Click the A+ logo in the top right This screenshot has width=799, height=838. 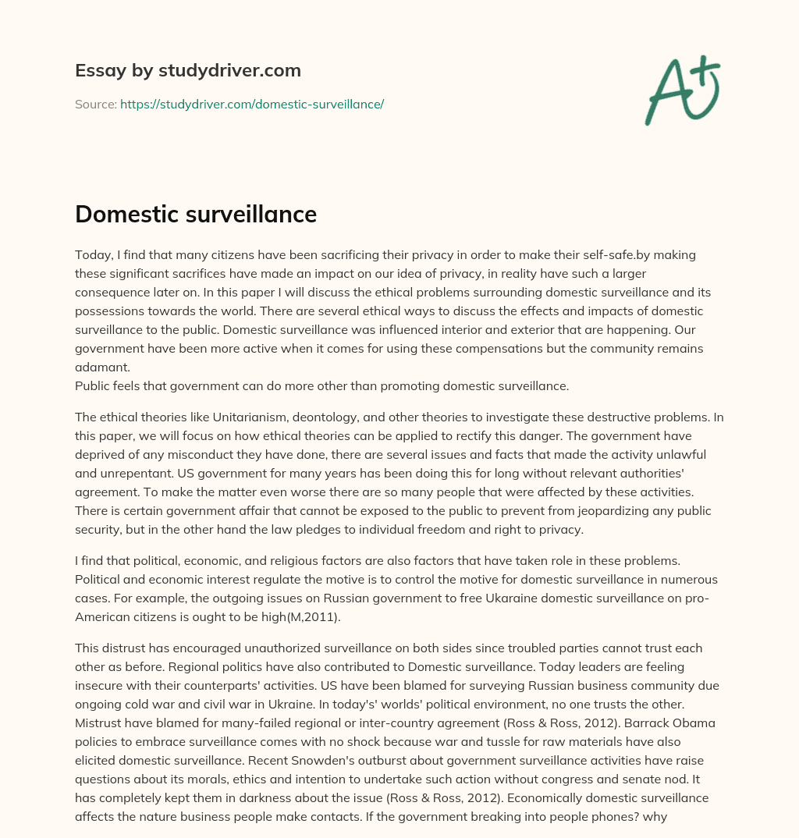point(681,89)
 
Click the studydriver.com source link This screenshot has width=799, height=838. point(251,104)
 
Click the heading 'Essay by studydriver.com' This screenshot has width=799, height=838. point(187,70)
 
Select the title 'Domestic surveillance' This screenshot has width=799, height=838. point(195,214)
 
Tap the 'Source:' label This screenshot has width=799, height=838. point(95,104)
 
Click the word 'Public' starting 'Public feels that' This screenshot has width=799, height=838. point(93,385)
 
